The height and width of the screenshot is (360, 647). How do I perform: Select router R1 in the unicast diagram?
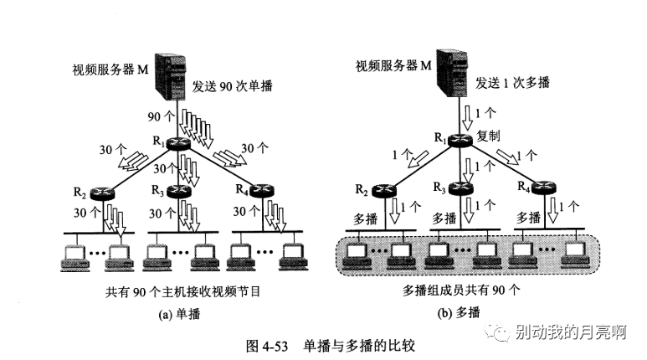pos(178,144)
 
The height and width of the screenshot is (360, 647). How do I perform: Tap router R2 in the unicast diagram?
pos(102,193)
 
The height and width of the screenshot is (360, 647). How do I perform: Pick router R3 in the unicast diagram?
pos(178,192)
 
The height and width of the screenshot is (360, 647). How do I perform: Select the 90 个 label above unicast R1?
pos(158,115)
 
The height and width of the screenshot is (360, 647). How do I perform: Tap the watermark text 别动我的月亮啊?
pos(573,333)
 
